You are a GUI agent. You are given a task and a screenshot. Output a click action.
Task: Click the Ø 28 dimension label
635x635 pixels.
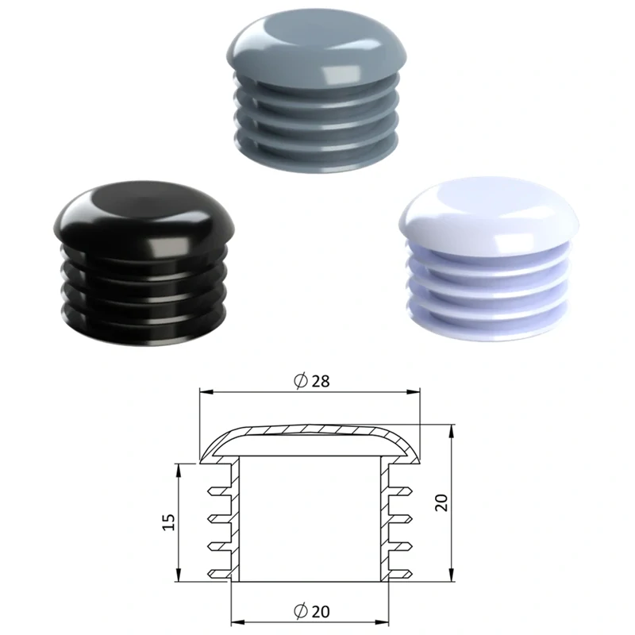[x=311, y=381]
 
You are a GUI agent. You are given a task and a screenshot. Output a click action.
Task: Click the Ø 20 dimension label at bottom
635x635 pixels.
[x=311, y=611]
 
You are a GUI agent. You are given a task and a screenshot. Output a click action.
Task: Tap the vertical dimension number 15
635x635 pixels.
[x=168, y=522]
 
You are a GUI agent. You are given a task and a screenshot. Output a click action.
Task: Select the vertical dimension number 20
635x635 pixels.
[x=441, y=502]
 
